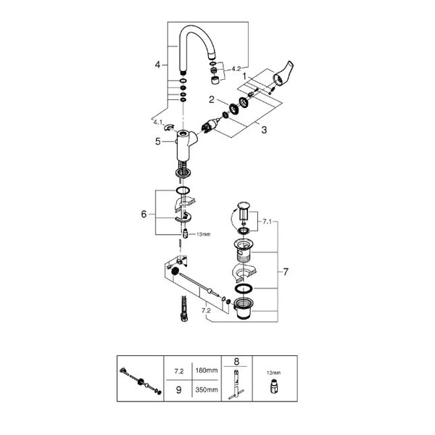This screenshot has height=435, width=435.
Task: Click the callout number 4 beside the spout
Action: point(157,65)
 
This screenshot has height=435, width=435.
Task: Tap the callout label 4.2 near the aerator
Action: point(236,69)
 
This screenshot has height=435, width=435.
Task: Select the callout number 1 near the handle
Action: point(244,75)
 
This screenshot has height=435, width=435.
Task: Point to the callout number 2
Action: point(212,99)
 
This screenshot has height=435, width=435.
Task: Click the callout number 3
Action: point(264,130)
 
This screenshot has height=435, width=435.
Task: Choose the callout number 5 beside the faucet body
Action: point(158,141)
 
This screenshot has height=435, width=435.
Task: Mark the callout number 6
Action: point(144,214)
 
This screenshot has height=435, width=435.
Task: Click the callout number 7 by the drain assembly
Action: point(286,272)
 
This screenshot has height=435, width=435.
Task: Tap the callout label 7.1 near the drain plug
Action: point(267,222)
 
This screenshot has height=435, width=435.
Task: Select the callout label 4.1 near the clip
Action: point(158,122)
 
